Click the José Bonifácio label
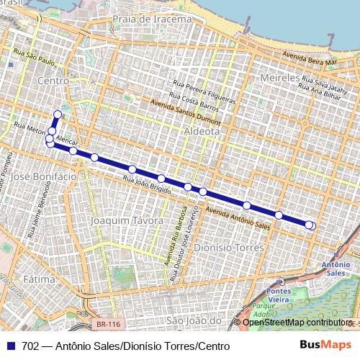[44, 176]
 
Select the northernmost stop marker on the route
[58, 114]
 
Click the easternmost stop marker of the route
[311, 225]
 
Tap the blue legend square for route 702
[10, 346]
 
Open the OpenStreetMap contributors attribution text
[300, 322]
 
